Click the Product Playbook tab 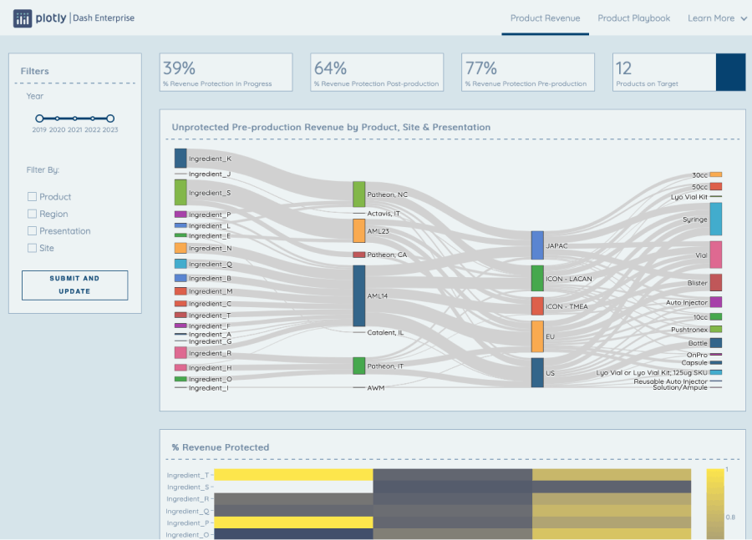click(x=633, y=18)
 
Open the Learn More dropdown click(x=717, y=18)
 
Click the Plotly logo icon click(x=23, y=18)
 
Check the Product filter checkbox click(x=32, y=197)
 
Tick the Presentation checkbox click(x=32, y=231)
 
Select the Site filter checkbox click(x=32, y=248)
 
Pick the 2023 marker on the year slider click(x=110, y=119)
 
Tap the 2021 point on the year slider click(x=75, y=119)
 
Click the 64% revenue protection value click(x=330, y=68)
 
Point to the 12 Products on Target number click(x=623, y=68)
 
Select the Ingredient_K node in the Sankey click(x=180, y=159)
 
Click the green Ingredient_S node click(x=180, y=192)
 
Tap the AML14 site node click(x=359, y=295)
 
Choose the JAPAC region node click(x=537, y=245)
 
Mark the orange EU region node click(x=537, y=336)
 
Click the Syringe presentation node click(x=716, y=219)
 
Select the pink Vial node click(x=716, y=255)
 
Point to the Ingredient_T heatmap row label click(x=188, y=475)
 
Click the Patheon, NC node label click(x=387, y=194)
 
